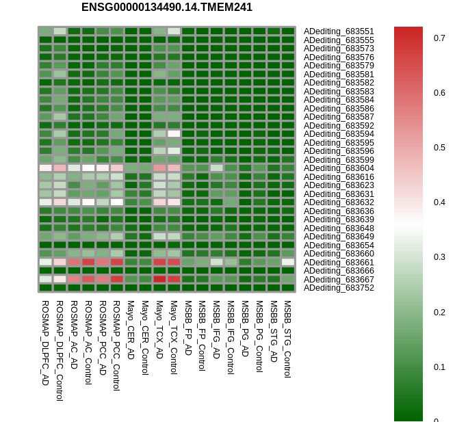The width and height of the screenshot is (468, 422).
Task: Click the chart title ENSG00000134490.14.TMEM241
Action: tap(167, 7)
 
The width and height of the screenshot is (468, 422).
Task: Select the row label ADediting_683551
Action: tap(339, 31)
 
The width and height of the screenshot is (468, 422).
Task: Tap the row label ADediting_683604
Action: tap(339, 168)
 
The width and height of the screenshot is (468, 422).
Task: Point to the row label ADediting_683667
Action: tap(339, 280)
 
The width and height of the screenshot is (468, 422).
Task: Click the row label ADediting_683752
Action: tap(339, 288)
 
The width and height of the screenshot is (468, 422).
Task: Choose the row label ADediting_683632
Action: tap(339, 202)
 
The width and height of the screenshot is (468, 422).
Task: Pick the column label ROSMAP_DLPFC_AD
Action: tap(45, 343)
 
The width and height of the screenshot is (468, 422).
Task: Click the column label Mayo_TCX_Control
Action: tap(174, 338)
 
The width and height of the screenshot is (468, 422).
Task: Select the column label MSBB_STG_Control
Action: tap(287, 339)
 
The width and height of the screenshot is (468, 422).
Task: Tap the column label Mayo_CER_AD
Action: tap(131, 330)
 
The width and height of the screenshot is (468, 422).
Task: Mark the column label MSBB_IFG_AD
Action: tap(216, 330)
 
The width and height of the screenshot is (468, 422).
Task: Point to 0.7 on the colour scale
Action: tap(439, 38)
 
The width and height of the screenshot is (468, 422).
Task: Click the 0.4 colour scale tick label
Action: tap(439, 202)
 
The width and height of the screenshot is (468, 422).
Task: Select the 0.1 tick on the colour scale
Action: tap(439, 367)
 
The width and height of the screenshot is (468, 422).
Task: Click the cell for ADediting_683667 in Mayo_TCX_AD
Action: tap(159, 279)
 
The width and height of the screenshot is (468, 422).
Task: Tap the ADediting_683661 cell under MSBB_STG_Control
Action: tap(288, 262)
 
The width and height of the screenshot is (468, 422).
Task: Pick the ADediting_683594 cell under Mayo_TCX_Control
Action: tap(174, 133)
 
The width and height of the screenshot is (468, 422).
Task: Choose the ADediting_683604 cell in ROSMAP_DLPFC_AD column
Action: tap(46, 168)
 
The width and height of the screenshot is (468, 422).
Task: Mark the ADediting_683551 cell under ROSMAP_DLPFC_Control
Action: tap(60, 31)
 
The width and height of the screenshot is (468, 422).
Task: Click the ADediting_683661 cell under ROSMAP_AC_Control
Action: tap(89, 262)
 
